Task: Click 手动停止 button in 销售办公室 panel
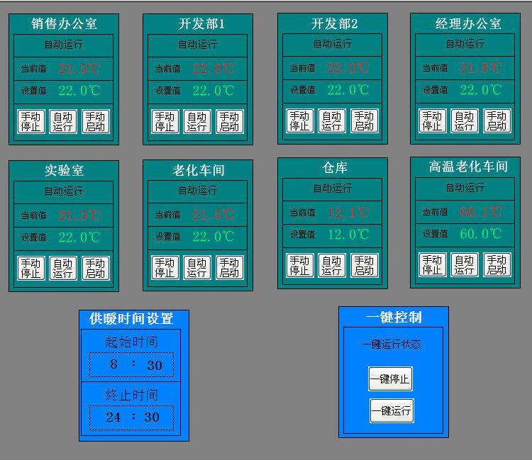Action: [31, 121]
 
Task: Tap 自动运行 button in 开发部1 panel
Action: [197, 121]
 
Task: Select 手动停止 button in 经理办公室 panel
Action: [432, 120]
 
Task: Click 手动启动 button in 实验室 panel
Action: [96, 268]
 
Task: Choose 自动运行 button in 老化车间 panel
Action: [197, 267]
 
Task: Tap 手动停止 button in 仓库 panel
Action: [299, 265]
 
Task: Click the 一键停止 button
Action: [390, 379]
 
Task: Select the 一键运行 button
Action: [392, 410]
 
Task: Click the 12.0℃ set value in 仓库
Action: [348, 234]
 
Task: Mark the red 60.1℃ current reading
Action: [480, 211]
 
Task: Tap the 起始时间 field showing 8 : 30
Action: [131, 365]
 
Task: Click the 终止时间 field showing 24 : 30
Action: [131, 417]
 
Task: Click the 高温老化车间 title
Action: [468, 167]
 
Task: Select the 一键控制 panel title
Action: [394, 316]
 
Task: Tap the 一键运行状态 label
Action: [391, 344]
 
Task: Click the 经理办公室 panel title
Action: [468, 23]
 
